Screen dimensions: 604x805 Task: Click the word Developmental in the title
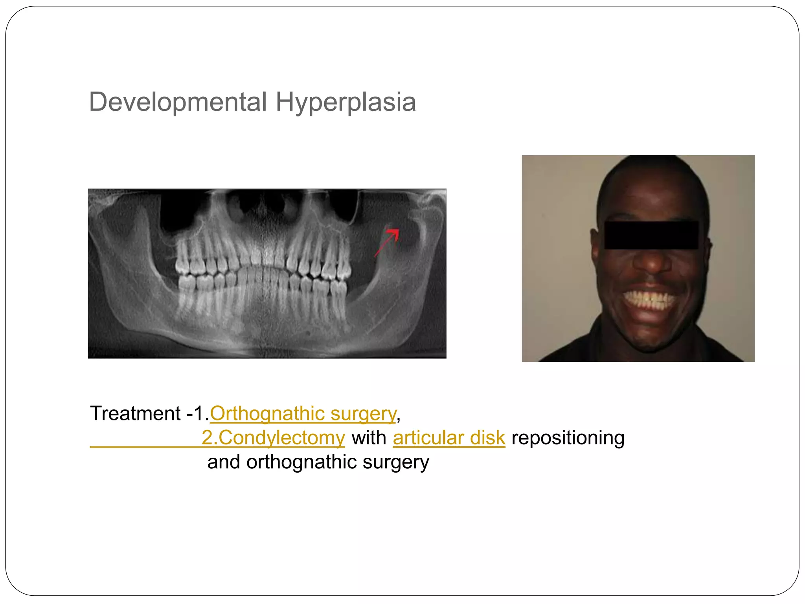click(x=178, y=102)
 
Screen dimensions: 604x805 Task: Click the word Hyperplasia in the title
click(x=346, y=102)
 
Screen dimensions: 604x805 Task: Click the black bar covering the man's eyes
click(x=651, y=235)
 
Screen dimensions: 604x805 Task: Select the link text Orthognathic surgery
click(x=303, y=414)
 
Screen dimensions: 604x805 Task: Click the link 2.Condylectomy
click(x=273, y=438)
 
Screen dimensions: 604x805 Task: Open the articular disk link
click(x=449, y=438)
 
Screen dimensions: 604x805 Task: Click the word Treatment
click(x=135, y=414)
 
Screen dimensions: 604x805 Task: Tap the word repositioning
click(x=568, y=438)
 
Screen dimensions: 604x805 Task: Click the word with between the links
click(x=369, y=438)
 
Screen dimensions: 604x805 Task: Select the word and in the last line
click(x=223, y=462)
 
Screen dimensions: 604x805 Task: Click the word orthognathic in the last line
click(x=301, y=462)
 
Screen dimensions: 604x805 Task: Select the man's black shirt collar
click(x=590, y=346)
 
